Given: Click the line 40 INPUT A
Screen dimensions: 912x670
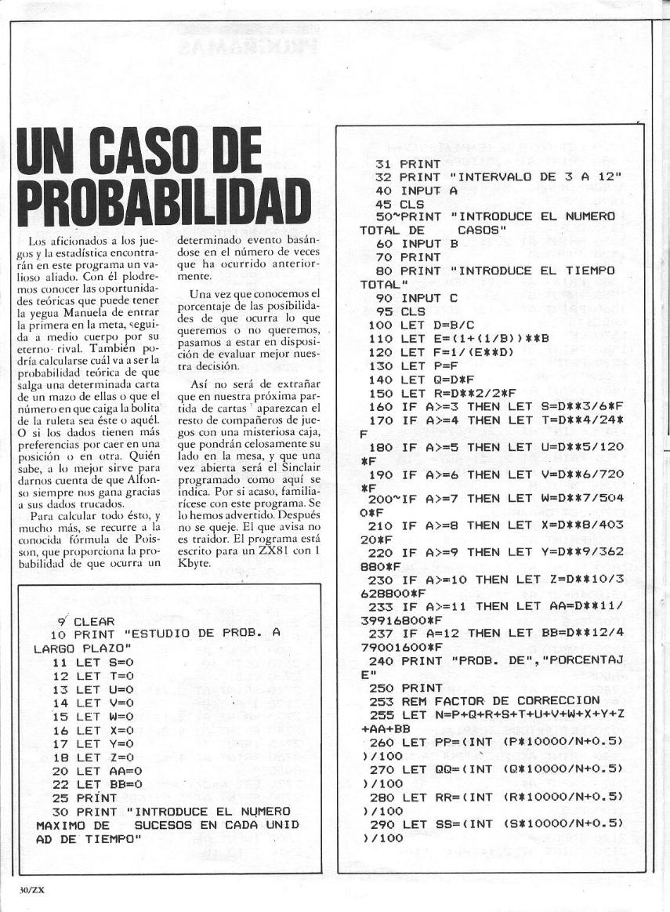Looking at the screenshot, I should pyautogui.click(x=415, y=191).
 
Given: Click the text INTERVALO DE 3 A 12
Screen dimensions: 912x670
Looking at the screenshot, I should pyautogui.click(x=533, y=177).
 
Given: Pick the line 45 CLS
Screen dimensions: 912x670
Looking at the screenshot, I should pyautogui.click(x=408, y=204).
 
